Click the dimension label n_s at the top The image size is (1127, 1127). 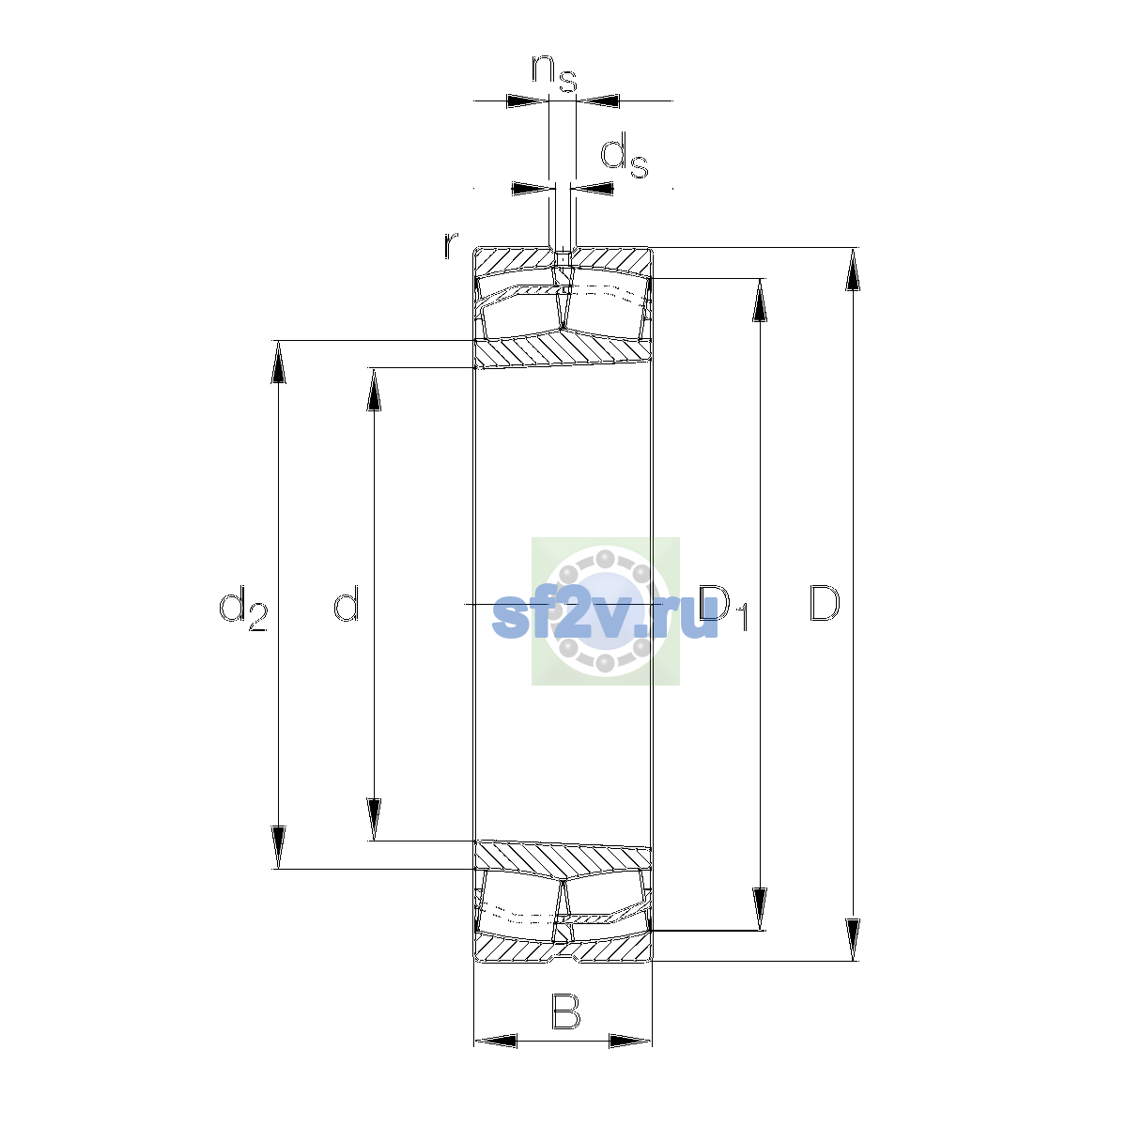click(x=554, y=73)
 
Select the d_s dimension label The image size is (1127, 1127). click(x=624, y=155)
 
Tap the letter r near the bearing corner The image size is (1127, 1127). click(x=451, y=246)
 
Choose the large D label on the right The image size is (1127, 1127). click(x=824, y=602)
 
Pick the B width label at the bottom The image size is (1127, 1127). click(x=565, y=1011)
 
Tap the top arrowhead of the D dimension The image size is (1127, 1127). click(x=853, y=269)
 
